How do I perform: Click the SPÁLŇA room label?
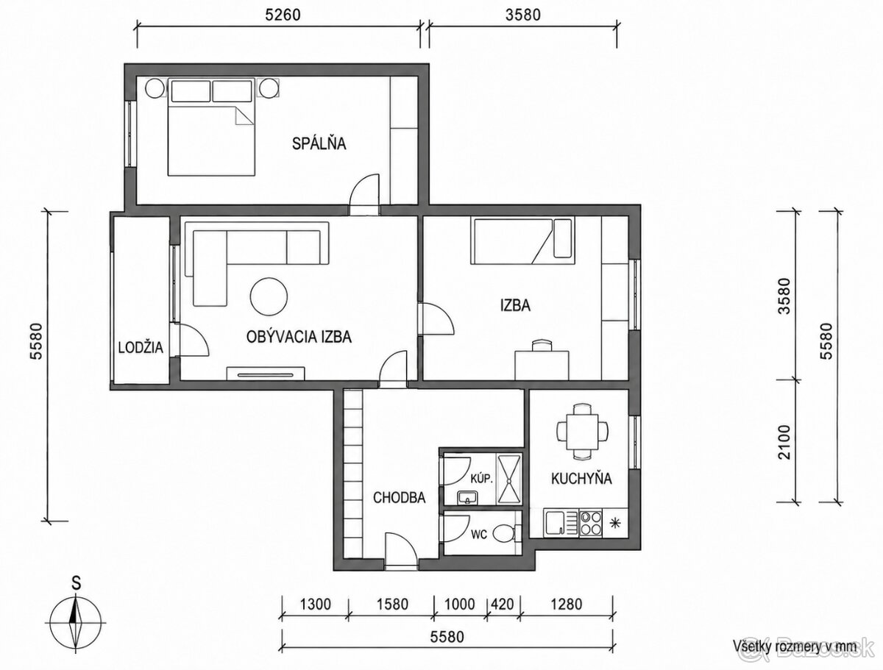pos(319,143)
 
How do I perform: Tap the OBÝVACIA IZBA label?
pos(299,337)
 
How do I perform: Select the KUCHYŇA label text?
pos(581,479)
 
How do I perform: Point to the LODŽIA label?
pos(141,347)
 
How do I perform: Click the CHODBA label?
pos(399,498)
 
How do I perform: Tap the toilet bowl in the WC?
pos(505,534)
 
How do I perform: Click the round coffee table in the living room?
pos(269,297)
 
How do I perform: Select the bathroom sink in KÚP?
pos(467,497)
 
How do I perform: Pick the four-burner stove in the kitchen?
pos(591,522)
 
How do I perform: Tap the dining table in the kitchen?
pos(582,431)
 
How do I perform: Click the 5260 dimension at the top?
pos(283,15)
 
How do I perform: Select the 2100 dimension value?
pos(784,442)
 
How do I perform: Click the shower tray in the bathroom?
pos(509,479)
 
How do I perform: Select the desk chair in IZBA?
pos(542,346)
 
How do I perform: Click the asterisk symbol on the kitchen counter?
pos(614,523)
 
